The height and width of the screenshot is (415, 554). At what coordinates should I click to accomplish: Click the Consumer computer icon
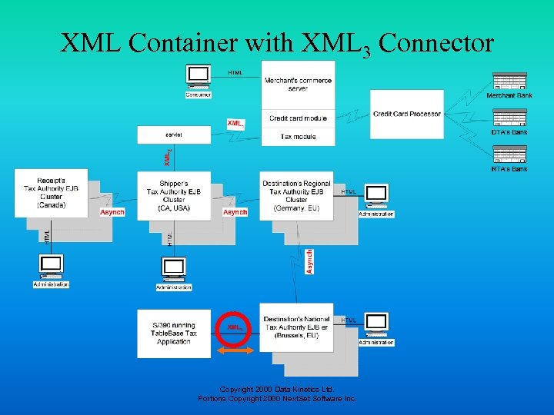pos(199,76)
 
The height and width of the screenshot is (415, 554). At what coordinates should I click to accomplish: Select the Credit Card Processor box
pos(407,114)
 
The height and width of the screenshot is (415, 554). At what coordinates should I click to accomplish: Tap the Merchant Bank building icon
pos(509,81)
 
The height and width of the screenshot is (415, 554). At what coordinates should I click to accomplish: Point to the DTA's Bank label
pos(509,132)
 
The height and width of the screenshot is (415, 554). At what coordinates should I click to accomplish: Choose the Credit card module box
pos(298,118)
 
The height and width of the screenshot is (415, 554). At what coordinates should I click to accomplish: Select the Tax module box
pos(298,136)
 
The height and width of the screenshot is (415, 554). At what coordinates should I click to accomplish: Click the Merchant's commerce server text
pos(298,84)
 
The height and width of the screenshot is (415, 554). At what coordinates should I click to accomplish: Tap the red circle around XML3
pos(235,327)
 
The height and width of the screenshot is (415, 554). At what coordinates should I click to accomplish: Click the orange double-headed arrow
pos(235,350)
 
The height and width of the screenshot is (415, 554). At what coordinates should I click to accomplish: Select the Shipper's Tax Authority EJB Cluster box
pos(174,196)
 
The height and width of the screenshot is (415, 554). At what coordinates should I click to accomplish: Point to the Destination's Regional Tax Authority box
pos(296,195)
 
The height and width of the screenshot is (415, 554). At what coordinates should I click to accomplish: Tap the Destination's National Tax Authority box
pos(296,332)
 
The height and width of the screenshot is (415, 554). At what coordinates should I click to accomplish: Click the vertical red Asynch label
pos(309,261)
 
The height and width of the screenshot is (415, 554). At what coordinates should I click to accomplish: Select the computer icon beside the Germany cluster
pos(376,195)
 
